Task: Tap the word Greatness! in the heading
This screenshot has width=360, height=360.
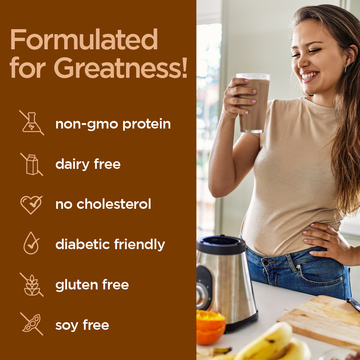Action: click(x=121, y=68)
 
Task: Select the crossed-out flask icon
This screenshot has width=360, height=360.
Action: click(x=32, y=123)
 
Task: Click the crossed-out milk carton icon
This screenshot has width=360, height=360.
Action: click(x=32, y=165)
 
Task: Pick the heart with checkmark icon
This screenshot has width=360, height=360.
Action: click(x=31, y=204)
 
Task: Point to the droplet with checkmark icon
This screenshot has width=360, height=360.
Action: click(x=31, y=243)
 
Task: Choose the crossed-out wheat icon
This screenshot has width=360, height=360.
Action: click(x=32, y=285)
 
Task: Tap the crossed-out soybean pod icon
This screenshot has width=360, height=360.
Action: click(x=32, y=324)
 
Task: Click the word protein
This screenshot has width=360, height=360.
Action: click(x=147, y=125)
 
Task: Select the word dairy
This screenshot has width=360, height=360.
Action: click(x=72, y=165)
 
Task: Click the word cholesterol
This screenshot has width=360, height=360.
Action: click(x=114, y=204)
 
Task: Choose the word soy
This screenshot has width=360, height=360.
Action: click(x=67, y=326)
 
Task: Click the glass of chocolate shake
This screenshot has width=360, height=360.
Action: click(x=253, y=103)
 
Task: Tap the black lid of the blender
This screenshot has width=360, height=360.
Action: click(x=221, y=244)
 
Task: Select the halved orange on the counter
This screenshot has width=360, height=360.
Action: click(x=211, y=327)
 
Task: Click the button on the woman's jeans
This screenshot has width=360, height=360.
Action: click(x=266, y=262)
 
